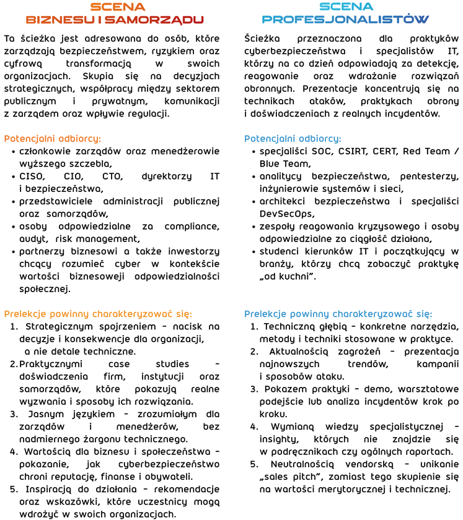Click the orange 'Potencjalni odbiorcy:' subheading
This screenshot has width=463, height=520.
pyautogui.click(x=52, y=138)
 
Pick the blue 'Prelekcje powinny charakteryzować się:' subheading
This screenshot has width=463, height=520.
pyautogui.click(x=338, y=314)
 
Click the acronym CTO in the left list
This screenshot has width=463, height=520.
pyautogui.click(x=112, y=176)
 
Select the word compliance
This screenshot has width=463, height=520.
pyautogui.click(x=192, y=227)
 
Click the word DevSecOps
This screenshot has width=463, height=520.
pyautogui.click(x=286, y=214)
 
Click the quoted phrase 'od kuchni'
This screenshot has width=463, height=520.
pyautogui.click(x=288, y=276)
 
